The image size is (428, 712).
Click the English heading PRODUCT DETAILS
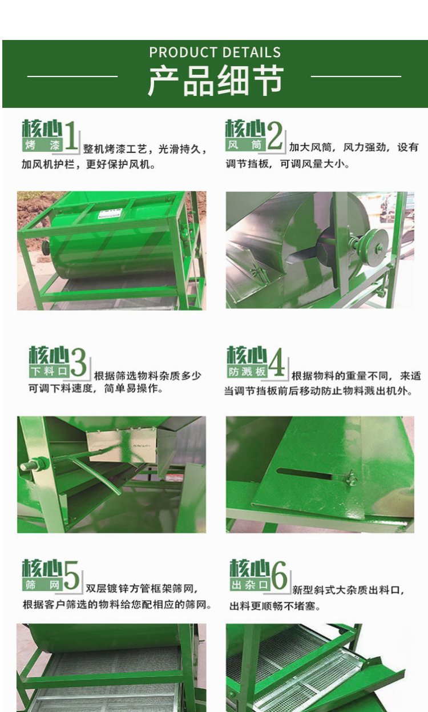point(215,53)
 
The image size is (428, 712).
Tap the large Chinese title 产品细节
point(216,80)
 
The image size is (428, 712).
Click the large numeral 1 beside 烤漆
point(71,136)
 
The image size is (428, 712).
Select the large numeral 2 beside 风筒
point(275,136)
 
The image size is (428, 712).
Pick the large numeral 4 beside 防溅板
point(276,362)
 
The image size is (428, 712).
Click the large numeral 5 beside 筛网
point(71,576)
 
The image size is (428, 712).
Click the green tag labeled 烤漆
point(42,145)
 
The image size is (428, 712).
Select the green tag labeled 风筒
point(245,145)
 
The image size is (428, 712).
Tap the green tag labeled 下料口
point(49,371)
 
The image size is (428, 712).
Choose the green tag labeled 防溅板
point(247,371)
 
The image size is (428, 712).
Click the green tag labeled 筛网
point(42,584)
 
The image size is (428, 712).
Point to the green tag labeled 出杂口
point(250,584)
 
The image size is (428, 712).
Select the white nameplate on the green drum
point(110,214)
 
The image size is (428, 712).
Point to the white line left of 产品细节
point(72,77)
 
